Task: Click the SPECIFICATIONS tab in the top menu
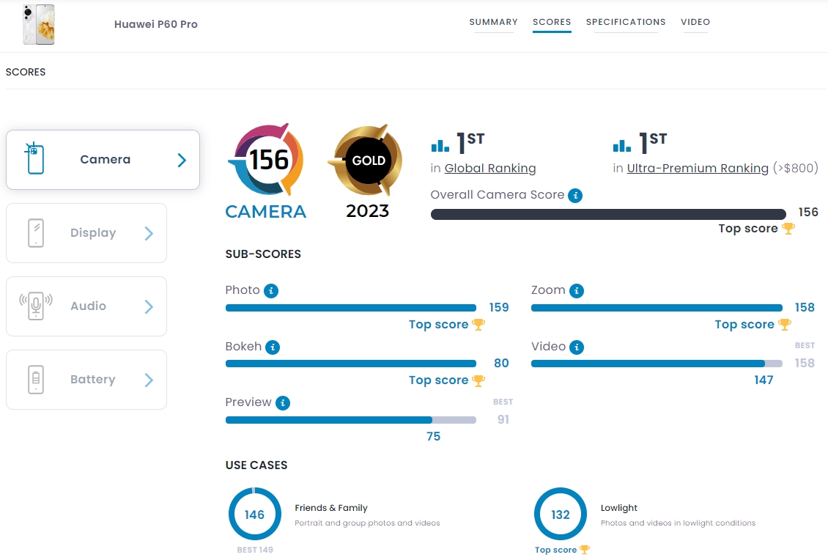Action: [x=626, y=22]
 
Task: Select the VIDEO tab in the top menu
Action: [x=695, y=22]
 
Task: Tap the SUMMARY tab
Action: [x=493, y=22]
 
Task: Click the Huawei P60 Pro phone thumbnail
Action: [x=38, y=24]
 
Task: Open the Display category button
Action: [x=86, y=233]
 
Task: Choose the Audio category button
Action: [x=86, y=306]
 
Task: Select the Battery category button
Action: [x=86, y=380]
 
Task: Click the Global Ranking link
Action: [x=490, y=169]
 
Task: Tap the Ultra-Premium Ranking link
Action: [x=698, y=169]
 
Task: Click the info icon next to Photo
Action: [x=270, y=291]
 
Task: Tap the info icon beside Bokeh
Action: [x=272, y=347]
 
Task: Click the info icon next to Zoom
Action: [x=577, y=291]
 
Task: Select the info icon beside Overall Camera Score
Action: [x=575, y=196]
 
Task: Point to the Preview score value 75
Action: [x=433, y=436]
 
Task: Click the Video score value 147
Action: [x=764, y=380]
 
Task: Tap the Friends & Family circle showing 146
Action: [x=254, y=515]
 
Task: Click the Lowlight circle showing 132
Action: [x=561, y=515]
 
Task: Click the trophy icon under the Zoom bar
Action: [x=784, y=325]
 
